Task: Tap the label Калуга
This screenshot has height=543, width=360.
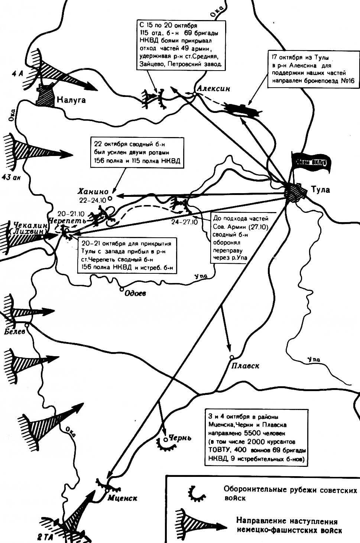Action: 71,100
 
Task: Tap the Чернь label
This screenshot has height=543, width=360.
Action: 180,438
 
